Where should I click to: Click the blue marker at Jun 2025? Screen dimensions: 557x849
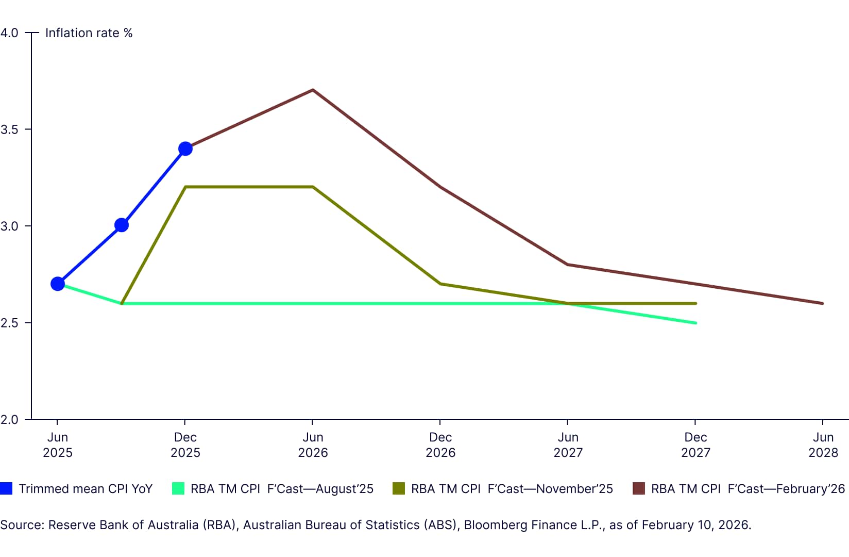58,284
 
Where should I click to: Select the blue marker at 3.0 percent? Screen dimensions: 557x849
122,225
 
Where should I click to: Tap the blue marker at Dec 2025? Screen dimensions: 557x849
185,149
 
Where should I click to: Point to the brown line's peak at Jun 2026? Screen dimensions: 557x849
313,90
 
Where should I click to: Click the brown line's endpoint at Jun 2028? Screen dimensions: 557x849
823,303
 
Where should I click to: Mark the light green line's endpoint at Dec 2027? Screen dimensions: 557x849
695,323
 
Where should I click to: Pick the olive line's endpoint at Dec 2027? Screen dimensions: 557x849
695,303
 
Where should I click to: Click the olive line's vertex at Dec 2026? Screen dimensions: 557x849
440,284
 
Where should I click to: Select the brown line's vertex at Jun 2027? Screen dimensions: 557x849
568,265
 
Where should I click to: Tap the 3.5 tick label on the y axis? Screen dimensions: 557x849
9,129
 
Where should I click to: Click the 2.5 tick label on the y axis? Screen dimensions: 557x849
9,323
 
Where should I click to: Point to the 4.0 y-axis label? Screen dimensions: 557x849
9,33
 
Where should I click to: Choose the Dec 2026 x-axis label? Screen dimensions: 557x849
440,445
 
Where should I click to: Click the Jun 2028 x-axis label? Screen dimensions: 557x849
823,445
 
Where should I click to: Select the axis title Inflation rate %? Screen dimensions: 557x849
89,33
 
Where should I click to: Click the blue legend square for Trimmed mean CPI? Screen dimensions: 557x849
6,488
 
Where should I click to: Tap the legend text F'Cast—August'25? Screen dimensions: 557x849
320,488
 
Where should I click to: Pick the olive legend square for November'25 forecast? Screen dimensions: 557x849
399,488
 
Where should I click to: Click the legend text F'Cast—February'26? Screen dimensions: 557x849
786,488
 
